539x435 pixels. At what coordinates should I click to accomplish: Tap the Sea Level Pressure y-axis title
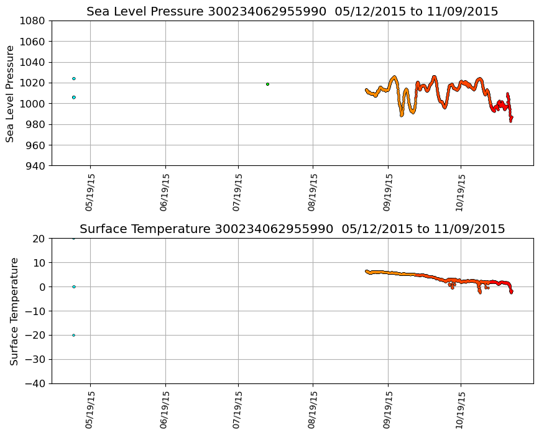pos(11,93)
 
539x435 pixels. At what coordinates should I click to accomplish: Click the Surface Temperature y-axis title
pos(14,311)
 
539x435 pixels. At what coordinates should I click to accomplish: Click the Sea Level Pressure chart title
pos(292,11)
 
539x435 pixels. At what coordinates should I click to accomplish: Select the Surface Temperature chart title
pos(292,229)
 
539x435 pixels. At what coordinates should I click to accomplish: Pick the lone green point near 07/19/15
pos(267,84)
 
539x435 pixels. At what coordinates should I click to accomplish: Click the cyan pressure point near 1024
pos(73,78)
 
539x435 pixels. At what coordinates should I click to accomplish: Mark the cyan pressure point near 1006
pos(73,97)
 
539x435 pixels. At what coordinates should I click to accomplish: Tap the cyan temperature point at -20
pos(73,335)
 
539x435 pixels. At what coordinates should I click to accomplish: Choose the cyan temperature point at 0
pos(73,286)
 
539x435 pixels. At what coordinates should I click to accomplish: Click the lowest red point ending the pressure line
pos(510,121)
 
